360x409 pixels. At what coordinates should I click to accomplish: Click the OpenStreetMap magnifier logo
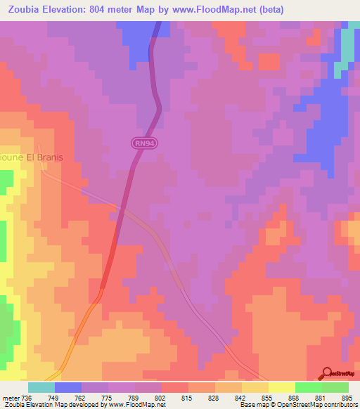point(327,373)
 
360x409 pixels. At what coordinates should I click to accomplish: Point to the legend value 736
point(27,397)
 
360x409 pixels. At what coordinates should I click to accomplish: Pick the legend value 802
point(162,397)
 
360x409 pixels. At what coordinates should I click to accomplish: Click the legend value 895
point(348,397)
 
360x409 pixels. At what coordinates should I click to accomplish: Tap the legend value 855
point(268,397)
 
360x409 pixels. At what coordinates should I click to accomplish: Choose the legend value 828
point(214,397)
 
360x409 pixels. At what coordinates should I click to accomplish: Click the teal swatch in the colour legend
point(41,387)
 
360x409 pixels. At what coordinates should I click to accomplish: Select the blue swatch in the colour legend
point(68,387)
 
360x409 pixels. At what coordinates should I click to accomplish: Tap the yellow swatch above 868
point(281,387)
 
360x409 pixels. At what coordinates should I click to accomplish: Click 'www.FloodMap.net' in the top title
point(251,10)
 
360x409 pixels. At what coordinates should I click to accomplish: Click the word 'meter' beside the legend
point(10,397)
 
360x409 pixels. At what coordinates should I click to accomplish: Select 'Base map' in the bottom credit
point(252,405)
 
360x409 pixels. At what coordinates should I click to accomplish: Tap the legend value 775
point(108,397)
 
